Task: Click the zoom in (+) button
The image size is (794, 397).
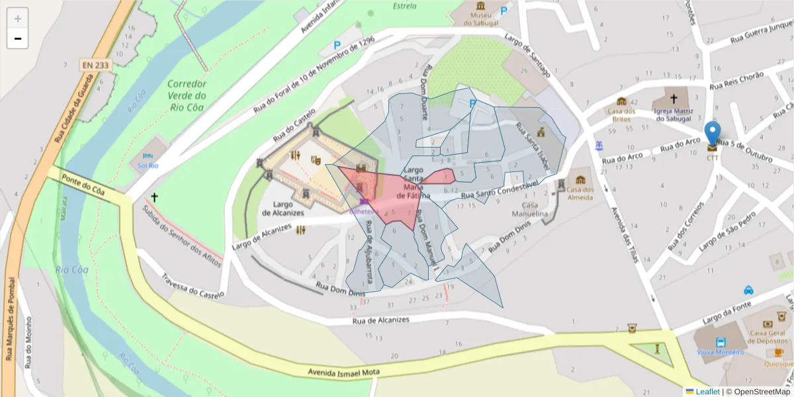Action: tap(18, 19)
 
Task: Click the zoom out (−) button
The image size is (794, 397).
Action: tap(18, 38)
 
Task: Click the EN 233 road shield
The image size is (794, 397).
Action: tap(96, 65)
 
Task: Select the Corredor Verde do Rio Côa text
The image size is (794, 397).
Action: tap(187, 95)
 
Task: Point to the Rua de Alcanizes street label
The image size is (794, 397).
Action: tap(380, 320)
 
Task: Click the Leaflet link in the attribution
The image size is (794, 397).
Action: tap(707, 392)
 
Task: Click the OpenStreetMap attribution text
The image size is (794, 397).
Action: tap(758, 392)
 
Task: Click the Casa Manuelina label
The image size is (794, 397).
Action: tap(531, 210)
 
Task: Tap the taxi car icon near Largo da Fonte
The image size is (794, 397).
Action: tap(748, 290)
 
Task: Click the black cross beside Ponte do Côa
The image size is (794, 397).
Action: tap(155, 197)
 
